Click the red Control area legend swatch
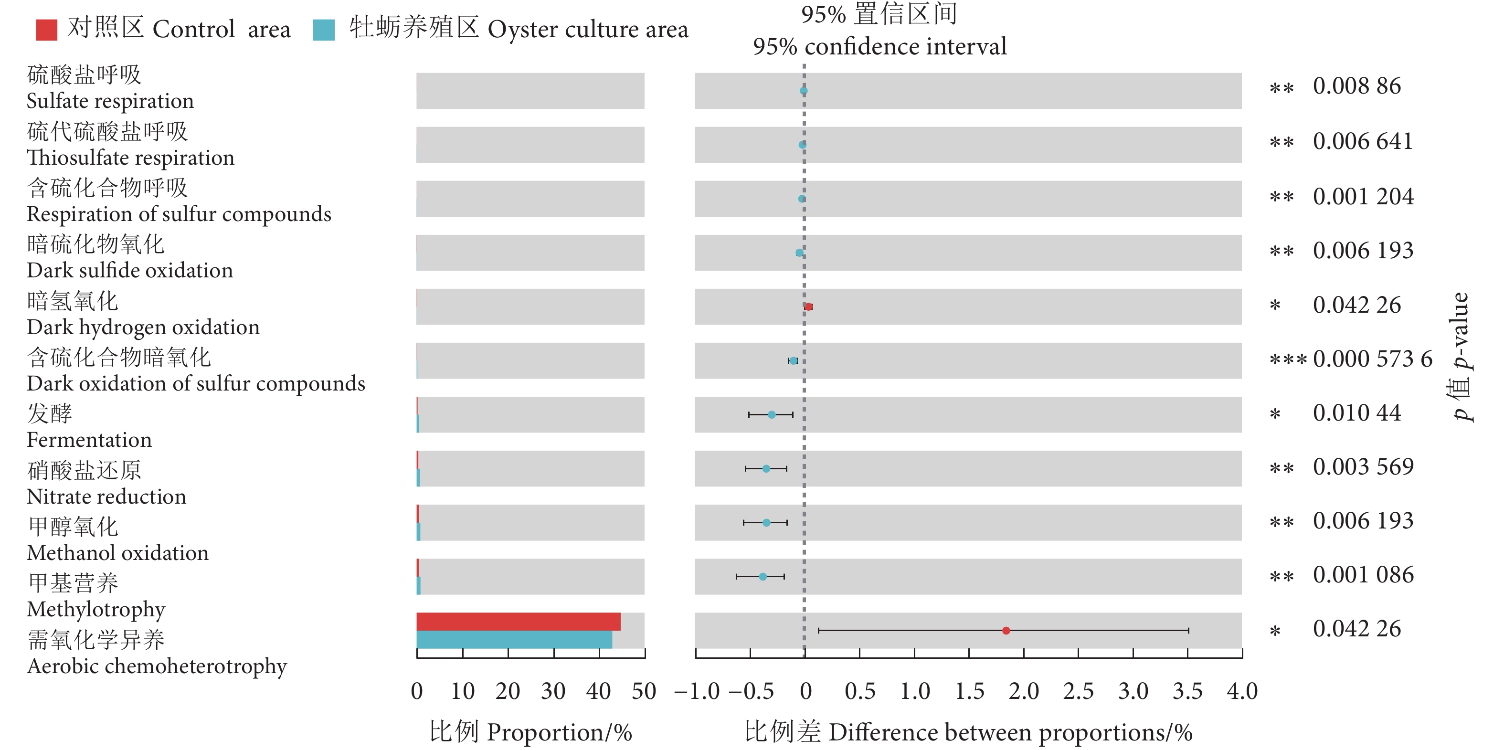point(46,30)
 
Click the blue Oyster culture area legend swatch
point(323,30)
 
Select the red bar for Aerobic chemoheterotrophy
point(518,621)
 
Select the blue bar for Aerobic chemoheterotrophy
point(514,639)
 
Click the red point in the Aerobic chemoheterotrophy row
point(1006,630)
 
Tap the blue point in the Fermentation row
point(771,414)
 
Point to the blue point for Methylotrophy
point(763,577)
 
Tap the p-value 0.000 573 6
point(1372,359)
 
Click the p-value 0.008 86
point(1356,86)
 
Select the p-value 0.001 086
point(1363,575)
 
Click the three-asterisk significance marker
point(1287,359)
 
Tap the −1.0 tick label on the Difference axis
point(697,692)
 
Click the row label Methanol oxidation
point(117,553)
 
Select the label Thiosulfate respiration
point(130,158)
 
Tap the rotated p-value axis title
point(1461,356)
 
